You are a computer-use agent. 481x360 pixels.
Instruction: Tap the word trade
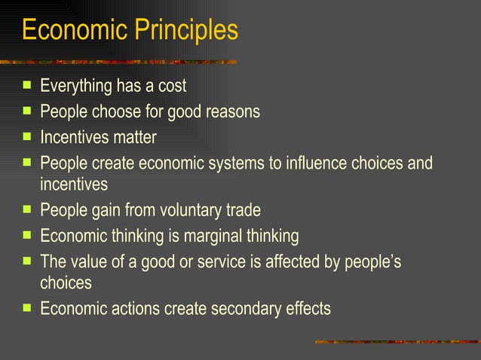tap(244, 211)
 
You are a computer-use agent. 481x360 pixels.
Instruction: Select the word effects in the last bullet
tap(309, 309)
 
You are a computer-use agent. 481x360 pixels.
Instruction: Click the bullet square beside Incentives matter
tap(27, 137)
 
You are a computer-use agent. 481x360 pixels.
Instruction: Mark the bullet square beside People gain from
tap(27, 210)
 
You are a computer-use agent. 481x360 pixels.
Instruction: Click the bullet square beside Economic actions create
tap(27, 308)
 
